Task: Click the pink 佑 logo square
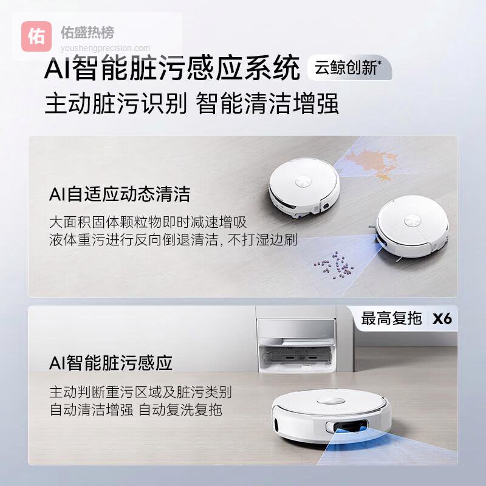36,36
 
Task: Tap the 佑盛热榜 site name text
87,33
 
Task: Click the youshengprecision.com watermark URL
105,49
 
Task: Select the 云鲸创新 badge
349,67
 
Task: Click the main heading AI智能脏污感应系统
172,67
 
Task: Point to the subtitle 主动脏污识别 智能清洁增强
191,103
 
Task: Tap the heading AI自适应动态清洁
120,194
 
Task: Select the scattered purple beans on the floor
335,265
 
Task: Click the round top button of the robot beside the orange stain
303,182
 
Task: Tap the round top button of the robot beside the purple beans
412,221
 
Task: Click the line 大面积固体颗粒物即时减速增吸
148,222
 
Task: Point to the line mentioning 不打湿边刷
173,239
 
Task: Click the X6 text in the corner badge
442,318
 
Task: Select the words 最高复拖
391,318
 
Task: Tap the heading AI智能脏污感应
111,363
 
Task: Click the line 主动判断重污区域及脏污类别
141,392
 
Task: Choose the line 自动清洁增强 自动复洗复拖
136,409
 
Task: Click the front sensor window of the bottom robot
347,426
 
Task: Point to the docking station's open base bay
296,356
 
